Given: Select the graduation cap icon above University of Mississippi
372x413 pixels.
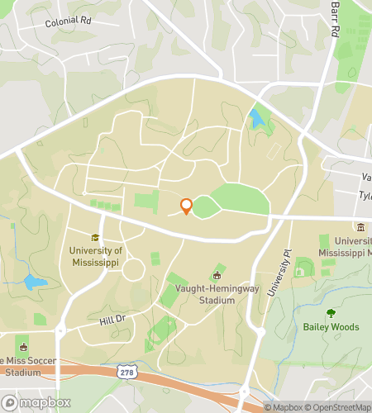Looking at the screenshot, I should tap(95, 238).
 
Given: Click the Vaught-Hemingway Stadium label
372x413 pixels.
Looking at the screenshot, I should tap(217, 295).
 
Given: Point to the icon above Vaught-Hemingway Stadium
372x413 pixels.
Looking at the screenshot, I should tap(218, 275).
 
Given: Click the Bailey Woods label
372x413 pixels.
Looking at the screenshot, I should tap(331, 327).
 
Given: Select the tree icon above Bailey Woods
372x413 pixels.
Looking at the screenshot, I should tap(331, 313).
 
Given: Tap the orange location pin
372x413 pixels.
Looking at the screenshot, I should tap(186, 206).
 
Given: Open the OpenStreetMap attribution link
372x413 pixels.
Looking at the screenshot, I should tap(340, 407).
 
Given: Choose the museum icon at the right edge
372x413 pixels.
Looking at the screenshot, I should tap(360, 227).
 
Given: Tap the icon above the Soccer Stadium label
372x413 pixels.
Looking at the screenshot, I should tap(22, 347).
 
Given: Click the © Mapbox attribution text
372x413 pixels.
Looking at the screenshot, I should tap(284, 407).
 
